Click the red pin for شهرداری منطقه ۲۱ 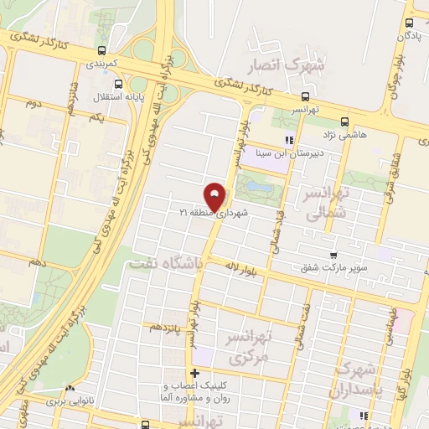coord(216,197)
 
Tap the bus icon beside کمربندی coord(101,50)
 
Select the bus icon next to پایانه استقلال coord(117,85)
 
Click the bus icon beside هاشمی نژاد coord(344,120)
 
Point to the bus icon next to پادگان coord(408,23)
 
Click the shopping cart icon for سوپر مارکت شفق coord(333,256)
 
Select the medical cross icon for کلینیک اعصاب coord(194,373)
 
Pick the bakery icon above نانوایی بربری coord(70,388)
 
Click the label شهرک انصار coord(277,65)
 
